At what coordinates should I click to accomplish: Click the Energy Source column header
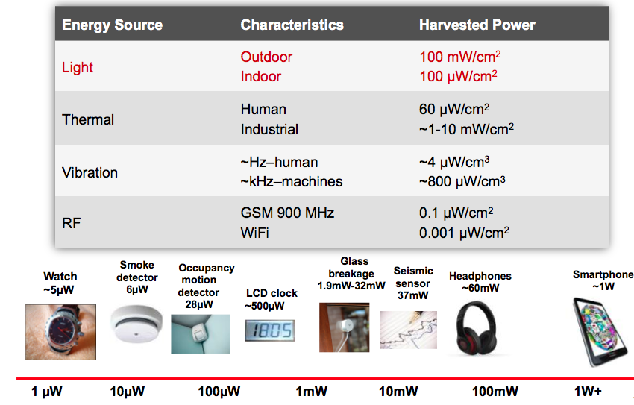(x=112, y=25)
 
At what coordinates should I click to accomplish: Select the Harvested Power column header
(x=477, y=25)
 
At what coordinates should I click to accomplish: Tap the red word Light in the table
(x=78, y=67)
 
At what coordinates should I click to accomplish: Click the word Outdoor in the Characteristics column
(x=266, y=57)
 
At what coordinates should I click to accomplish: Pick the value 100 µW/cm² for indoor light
(x=458, y=76)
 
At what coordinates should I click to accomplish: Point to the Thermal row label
(x=88, y=119)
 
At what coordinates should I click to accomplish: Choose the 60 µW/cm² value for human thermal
(x=454, y=109)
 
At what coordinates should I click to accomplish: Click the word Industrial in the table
(x=269, y=129)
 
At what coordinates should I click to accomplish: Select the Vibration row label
(x=90, y=172)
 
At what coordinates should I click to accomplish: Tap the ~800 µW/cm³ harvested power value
(x=462, y=182)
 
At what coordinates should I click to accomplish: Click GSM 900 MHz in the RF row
(x=287, y=213)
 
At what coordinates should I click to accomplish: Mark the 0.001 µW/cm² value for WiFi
(x=464, y=233)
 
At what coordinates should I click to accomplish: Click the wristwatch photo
(x=60, y=332)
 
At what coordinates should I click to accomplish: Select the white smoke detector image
(x=136, y=324)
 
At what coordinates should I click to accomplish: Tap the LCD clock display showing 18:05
(x=270, y=330)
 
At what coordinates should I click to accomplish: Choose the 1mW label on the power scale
(x=311, y=392)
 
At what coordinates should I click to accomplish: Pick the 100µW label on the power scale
(x=219, y=392)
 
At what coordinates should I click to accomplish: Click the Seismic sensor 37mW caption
(x=413, y=283)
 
